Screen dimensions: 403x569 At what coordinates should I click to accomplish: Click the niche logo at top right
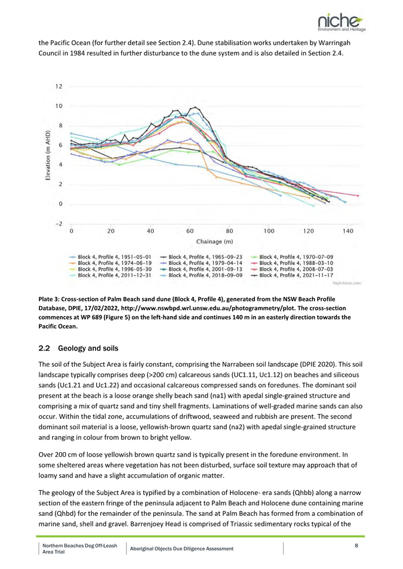click(342, 23)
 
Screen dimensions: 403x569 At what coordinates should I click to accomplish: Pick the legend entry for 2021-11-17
click(292, 276)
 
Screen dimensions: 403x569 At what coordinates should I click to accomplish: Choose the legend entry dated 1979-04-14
click(201, 263)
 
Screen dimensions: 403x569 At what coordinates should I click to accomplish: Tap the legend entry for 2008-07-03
click(292, 269)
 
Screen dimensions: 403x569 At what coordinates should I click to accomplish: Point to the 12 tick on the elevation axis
click(59, 86)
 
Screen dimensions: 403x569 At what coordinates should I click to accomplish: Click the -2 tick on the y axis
click(59, 224)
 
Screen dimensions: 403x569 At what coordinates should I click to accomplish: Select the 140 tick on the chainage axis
click(347, 231)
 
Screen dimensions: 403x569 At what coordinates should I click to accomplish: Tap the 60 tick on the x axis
click(190, 231)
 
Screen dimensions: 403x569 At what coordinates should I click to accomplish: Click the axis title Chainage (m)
click(214, 242)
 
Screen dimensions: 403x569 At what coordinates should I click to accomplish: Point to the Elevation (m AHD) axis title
click(48, 155)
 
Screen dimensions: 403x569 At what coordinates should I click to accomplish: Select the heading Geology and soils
click(88, 348)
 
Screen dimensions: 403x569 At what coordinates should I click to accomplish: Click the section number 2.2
click(44, 348)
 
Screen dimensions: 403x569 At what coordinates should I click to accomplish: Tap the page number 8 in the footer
click(356, 545)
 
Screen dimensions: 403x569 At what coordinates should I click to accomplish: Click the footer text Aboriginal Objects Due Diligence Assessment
click(181, 549)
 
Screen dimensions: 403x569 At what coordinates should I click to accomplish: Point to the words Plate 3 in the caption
click(49, 299)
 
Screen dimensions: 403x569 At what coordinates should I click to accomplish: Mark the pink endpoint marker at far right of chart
click(358, 196)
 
